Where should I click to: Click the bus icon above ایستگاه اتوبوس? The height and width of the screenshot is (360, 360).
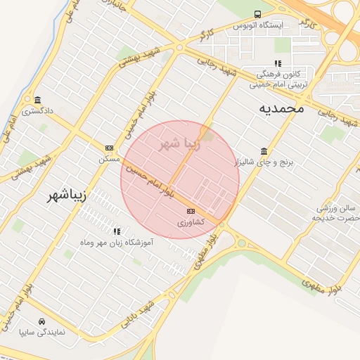coord(257,14)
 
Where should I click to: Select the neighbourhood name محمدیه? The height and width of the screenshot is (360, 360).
coord(281,108)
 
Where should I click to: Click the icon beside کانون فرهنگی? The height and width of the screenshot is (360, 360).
coord(277,64)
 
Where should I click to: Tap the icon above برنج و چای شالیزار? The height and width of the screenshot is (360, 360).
coord(264,151)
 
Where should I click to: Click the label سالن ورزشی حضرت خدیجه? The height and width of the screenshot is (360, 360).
coord(337,213)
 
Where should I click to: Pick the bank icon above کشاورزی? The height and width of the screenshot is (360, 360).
coord(191,211)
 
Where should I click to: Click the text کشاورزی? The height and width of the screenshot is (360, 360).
coord(190,222)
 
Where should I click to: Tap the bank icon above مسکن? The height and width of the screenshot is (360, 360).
coord(109,148)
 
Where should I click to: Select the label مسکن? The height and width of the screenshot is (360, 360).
coord(109,159)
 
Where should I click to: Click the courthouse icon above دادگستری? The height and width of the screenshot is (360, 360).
coord(37,99)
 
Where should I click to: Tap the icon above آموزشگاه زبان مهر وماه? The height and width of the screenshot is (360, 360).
coord(117,231)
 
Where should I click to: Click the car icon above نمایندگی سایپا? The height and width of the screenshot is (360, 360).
coord(42,320)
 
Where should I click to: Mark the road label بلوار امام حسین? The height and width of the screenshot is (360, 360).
coord(150,179)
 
